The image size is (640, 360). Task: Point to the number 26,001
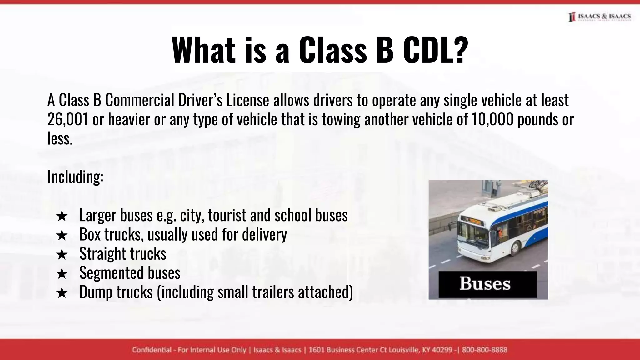click(68, 119)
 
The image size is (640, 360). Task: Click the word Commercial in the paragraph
click(139, 100)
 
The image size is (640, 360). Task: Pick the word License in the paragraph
click(247, 100)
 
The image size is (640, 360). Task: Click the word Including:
click(75, 177)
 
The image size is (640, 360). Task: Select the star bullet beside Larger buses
click(62, 216)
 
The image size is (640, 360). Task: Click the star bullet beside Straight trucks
click(62, 254)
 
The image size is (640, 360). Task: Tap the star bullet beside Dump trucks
click(62, 293)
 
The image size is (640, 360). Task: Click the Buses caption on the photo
click(485, 284)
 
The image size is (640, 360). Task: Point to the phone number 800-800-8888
click(484, 350)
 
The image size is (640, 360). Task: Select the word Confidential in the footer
click(152, 350)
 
